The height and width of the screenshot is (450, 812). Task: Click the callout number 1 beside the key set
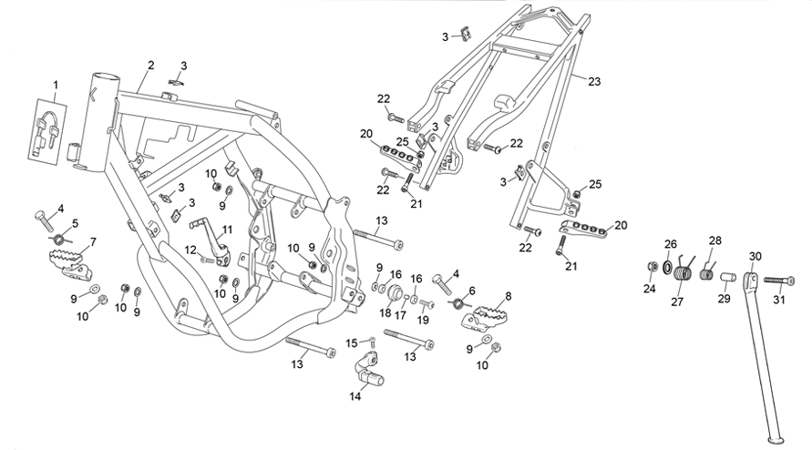point(56,85)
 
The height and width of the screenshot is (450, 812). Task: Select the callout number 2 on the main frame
point(150,66)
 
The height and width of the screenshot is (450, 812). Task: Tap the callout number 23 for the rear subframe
point(594,81)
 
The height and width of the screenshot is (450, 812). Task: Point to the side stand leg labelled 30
point(765,357)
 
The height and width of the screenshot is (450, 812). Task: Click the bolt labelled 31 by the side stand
point(779,281)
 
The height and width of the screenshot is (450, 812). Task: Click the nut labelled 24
point(653,267)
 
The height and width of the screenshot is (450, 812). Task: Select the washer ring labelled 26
point(667,268)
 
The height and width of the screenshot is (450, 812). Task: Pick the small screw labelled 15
point(372,342)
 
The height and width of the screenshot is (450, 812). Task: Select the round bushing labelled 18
point(396,294)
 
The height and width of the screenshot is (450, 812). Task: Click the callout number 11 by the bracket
point(228,230)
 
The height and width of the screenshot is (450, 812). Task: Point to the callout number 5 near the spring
point(76,224)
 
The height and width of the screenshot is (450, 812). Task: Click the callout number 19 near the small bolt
point(423,320)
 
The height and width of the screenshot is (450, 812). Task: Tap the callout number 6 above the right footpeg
point(472,291)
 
